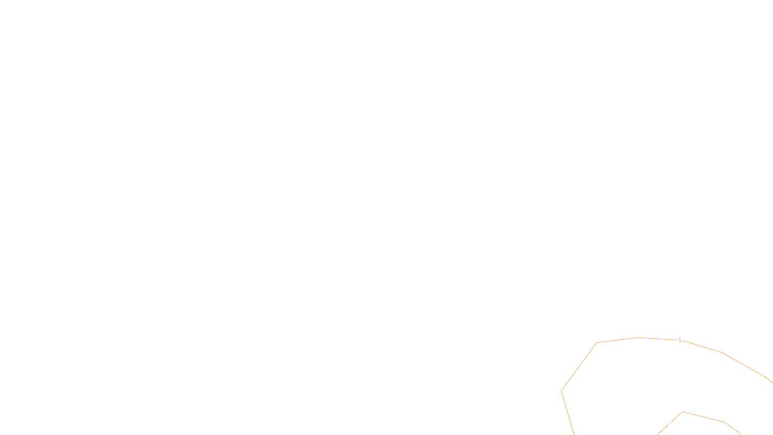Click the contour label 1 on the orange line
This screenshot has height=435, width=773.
pyautogui.click(x=680, y=340)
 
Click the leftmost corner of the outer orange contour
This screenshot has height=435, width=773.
pyautogui.click(x=561, y=391)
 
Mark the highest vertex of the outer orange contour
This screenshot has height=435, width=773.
pyautogui.click(x=639, y=337)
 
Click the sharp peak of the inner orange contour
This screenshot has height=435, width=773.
pyautogui.click(x=682, y=412)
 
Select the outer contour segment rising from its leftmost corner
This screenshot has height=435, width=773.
pyautogui.click(x=579, y=366)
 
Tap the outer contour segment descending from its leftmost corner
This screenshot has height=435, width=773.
pyautogui.click(x=568, y=413)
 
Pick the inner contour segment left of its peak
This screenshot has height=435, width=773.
pyautogui.click(x=670, y=423)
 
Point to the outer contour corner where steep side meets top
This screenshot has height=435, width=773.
pyautogui.click(x=597, y=343)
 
